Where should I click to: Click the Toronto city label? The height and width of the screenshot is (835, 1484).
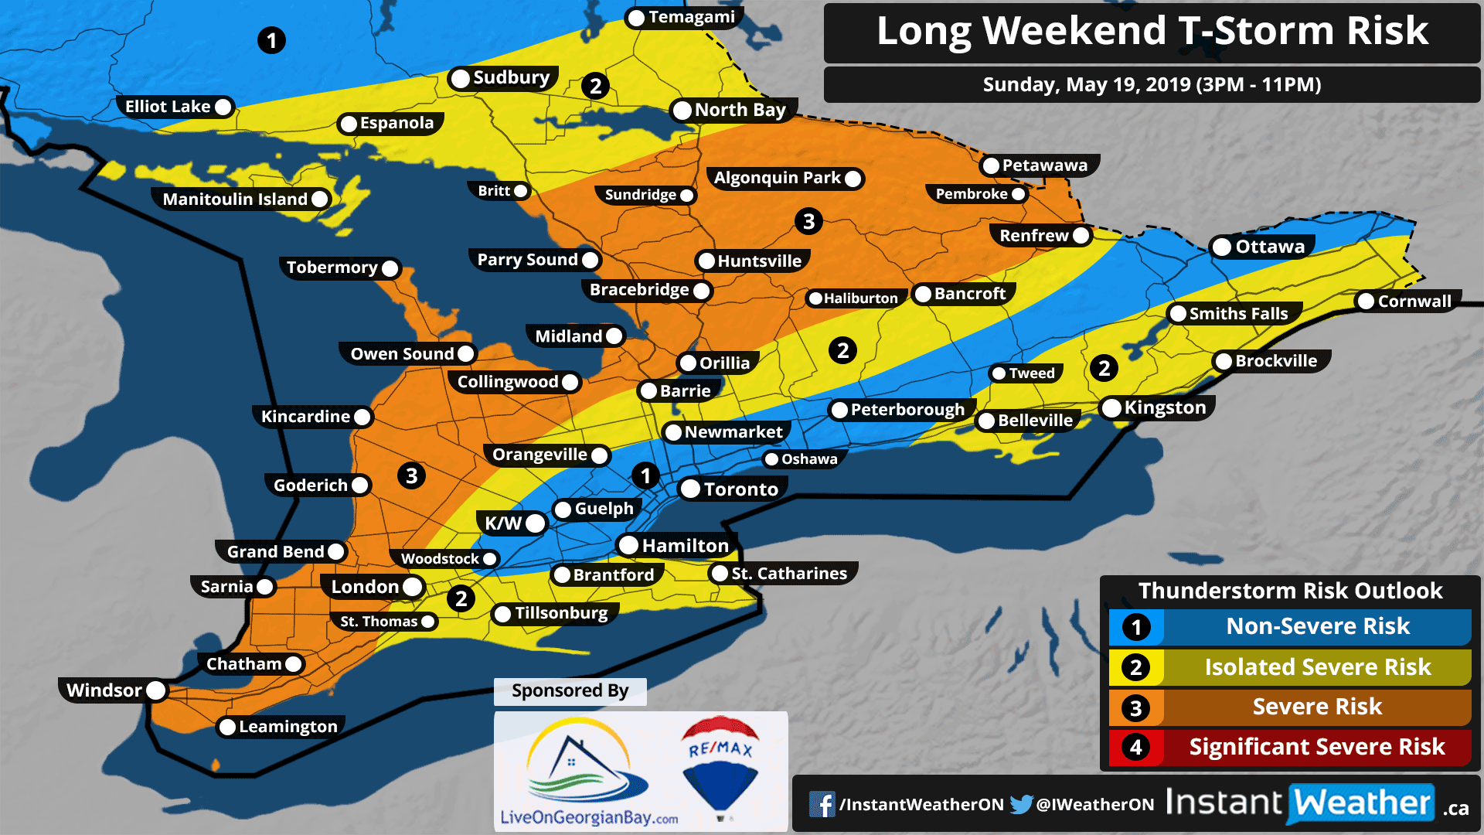(740, 489)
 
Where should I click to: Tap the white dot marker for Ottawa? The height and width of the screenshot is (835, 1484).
(1221, 247)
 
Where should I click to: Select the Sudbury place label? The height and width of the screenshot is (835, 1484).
(511, 77)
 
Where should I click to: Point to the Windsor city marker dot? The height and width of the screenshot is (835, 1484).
(155, 690)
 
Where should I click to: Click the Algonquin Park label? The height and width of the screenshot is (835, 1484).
(777, 178)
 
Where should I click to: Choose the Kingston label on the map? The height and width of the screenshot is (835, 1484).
(1165, 407)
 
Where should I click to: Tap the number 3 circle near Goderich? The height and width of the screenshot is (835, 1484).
(411, 475)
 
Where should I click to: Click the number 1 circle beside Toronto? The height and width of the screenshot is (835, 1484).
(645, 475)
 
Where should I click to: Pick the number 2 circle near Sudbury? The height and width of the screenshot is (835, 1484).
(595, 86)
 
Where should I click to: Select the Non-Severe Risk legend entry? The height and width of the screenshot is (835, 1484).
(1317, 626)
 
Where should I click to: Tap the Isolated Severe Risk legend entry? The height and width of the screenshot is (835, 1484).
(1317, 667)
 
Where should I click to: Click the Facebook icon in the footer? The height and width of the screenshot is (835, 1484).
(822, 804)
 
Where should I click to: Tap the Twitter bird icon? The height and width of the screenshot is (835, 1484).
(1021, 804)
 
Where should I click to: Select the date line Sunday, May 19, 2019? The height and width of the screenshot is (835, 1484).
(1152, 84)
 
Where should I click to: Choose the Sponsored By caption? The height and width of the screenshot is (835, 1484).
(570, 690)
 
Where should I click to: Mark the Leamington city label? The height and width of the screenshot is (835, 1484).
(288, 727)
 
